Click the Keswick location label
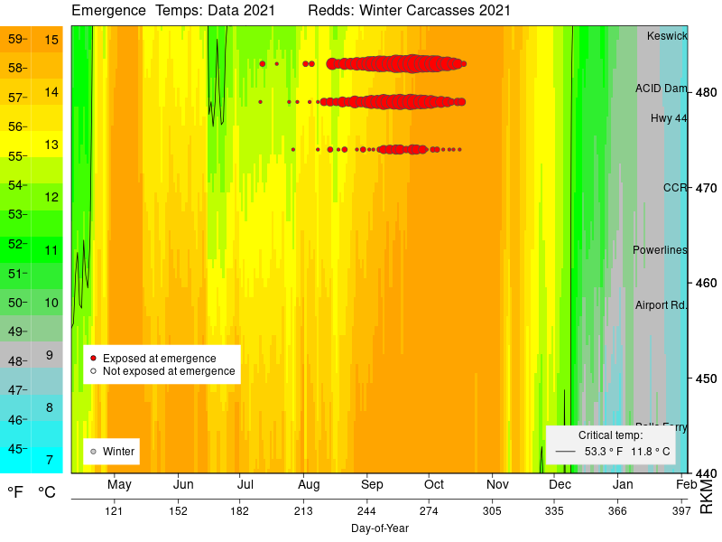coord(667,36)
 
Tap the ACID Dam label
coord(661,89)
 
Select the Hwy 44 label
coord(669,118)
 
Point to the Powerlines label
coord(660,250)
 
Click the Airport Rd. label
coord(661,305)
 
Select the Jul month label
coord(244,485)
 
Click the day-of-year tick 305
coord(491,511)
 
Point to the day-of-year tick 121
coord(114,511)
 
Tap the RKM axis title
coord(707,497)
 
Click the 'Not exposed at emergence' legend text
coord(169,371)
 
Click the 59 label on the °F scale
coord(15,39)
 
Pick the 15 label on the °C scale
coord(51,40)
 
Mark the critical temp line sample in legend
coord(565,451)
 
